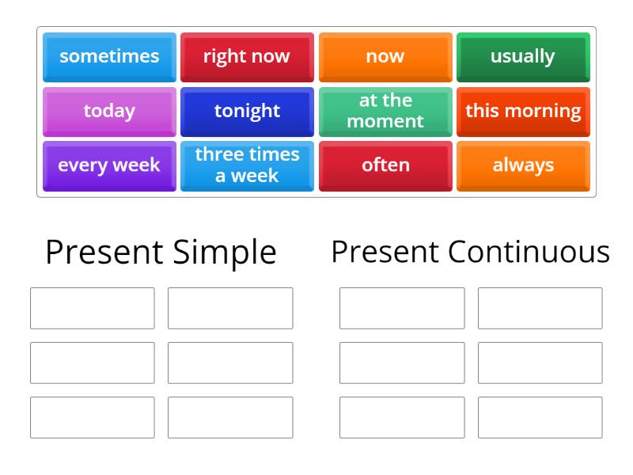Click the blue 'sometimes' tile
(x=109, y=57)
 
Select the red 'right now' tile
(x=247, y=57)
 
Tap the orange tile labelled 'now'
(x=385, y=57)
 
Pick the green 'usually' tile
(x=523, y=57)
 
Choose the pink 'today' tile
(x=109, y=111)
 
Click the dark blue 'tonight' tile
(x=247, y=111)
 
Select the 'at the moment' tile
(x=385, y=111)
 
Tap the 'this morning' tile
(x=523, y=111)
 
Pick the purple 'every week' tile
(x=109, y=165)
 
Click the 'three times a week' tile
(x=247, y=165)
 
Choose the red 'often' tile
(x=385, y=165)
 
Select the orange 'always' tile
(x=523, y=165)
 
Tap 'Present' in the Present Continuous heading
(x=385, y=253)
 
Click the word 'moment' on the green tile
(x=385, y=121)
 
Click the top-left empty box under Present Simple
(x=93, y=308)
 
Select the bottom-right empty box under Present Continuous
(x=540, y=417)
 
